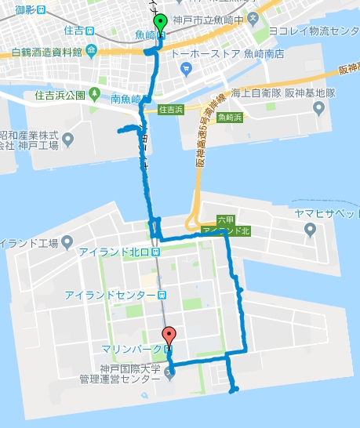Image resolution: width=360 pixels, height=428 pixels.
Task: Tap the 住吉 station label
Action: pyautogui.click(x=75, y=31)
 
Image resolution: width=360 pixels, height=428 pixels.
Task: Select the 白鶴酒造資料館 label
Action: pyautogui.click(x=47, y=53)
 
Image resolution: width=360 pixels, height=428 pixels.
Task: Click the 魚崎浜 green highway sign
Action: pyautogui.click(x=231, y=118)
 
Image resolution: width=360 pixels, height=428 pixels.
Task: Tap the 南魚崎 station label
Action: pyautogui.click(x=126, y=99)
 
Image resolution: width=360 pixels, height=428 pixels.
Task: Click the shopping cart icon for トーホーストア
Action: pyautogui.click(x=186, y=68)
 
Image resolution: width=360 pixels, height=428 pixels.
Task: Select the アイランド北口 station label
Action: pyautogui.click(x=113, y=252)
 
